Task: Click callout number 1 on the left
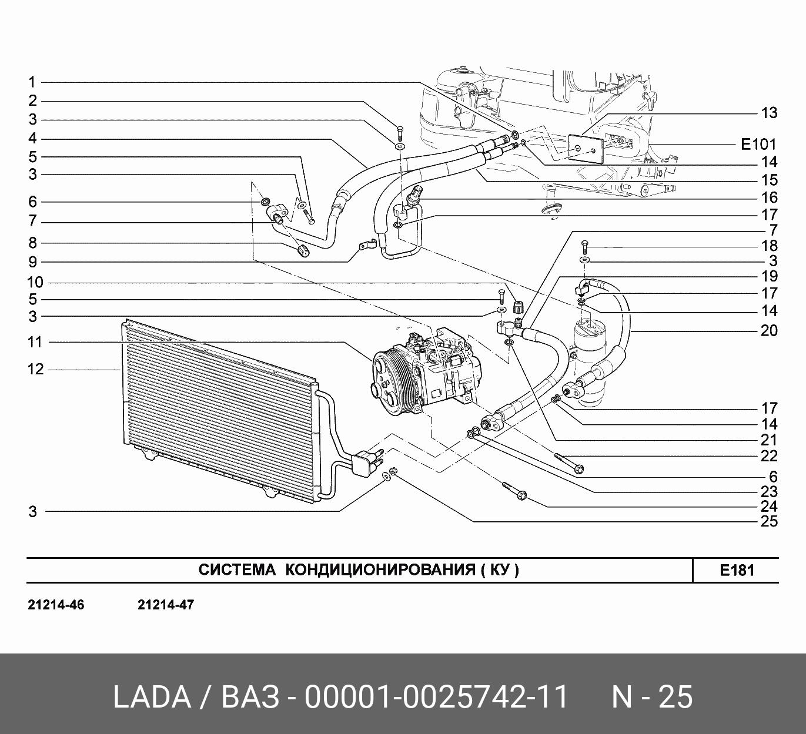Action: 32,83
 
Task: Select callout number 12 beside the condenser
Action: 35,369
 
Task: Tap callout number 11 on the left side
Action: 35,342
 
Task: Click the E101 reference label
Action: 758,144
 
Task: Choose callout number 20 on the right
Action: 769,331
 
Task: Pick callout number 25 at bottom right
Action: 769,521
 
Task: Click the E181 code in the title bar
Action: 737,571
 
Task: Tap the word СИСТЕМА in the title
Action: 237,570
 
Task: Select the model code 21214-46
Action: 56,605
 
